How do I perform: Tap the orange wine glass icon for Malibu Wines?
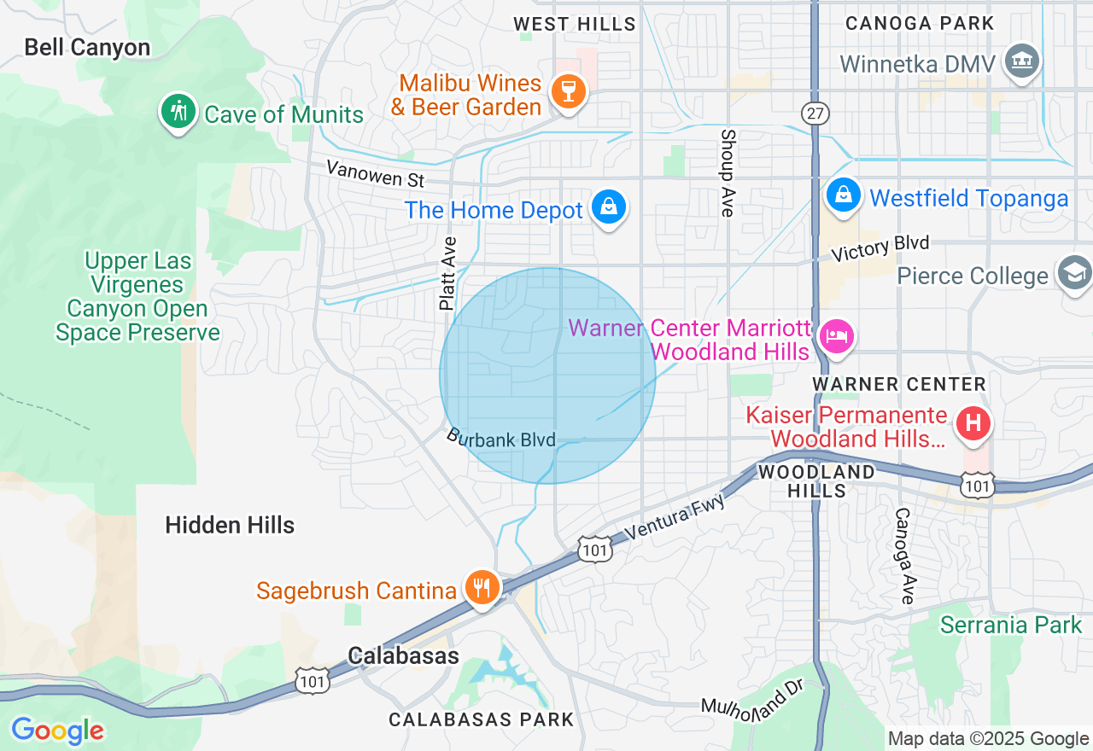567,90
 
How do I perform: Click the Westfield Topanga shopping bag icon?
844,195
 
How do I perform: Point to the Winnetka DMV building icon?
1022,61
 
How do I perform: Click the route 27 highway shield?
815,114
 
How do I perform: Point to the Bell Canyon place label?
87,47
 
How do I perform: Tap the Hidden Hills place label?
230,525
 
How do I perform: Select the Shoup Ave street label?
728,172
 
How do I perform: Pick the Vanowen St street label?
375,174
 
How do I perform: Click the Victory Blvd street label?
880,248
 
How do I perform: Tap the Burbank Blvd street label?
500,438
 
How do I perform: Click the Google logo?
57,731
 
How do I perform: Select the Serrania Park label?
1011,625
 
